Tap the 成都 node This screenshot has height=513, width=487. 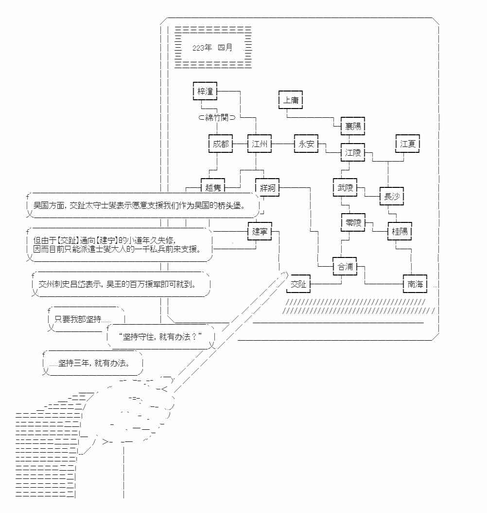220,144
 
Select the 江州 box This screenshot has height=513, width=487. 259,144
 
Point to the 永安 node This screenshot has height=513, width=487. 306,144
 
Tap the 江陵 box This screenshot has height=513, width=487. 353,153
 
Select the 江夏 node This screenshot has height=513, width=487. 407,144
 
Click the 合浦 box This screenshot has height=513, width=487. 345,267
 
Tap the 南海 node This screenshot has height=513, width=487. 415,284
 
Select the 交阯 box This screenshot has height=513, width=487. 298,284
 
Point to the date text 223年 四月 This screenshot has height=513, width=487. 212,48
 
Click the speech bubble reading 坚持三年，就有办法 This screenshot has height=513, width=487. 92,363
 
